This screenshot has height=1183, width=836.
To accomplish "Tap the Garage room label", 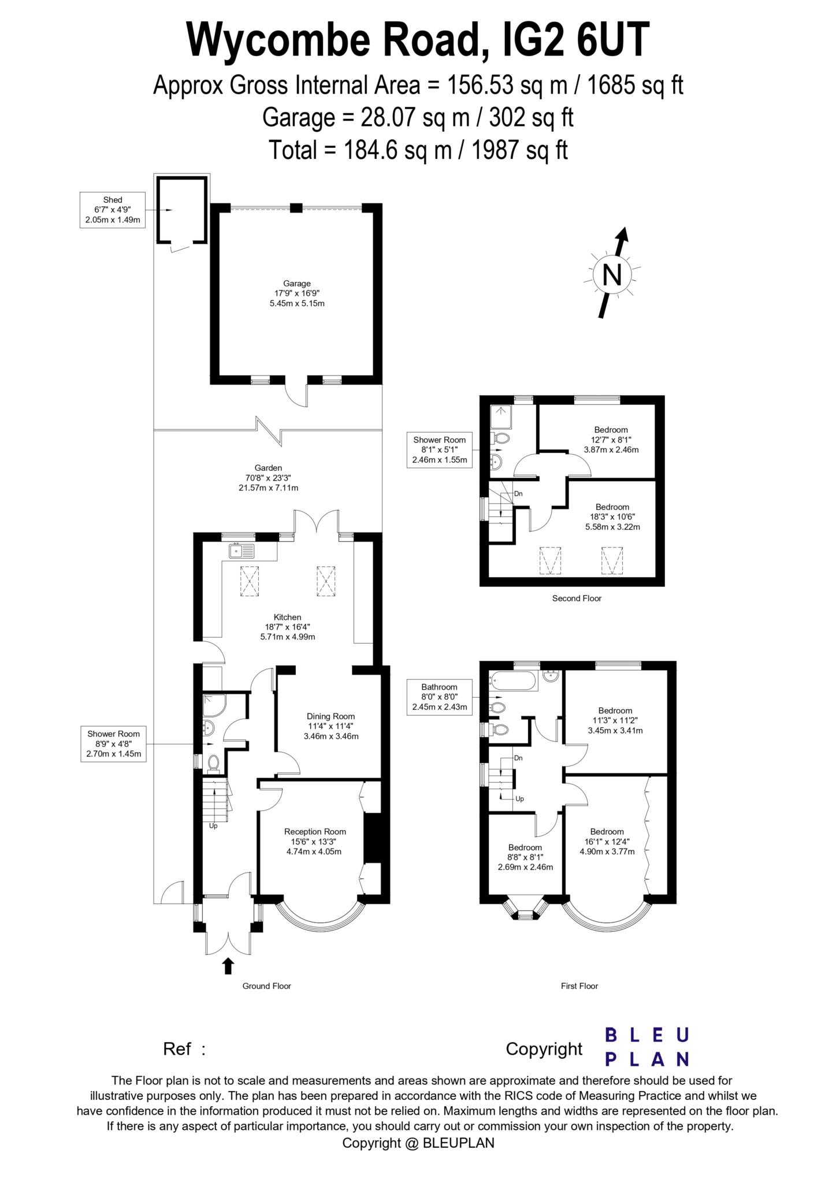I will (x=297, y=293).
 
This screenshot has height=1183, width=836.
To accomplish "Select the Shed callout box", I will (x=113, y=210).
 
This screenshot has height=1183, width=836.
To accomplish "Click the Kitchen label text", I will (x=287, y=627).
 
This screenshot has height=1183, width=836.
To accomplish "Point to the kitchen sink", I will (x=242, y=551).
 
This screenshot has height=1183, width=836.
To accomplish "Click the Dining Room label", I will (x=330, y=726).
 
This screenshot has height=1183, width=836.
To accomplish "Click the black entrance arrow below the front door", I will (x=228, y=965).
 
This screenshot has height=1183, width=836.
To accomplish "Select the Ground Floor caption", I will (x=266, y=986).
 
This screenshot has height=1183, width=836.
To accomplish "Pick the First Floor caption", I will (x=579, y=986).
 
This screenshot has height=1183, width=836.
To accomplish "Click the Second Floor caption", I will (x=577, y=598).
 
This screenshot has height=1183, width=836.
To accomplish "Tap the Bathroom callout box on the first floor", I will (x=439, y=697).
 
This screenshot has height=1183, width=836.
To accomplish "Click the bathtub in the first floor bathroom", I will (x=514, y=681).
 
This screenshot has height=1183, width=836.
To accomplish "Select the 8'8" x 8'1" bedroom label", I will (x=525, y=857).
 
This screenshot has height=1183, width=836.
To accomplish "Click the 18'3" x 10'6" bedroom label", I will (x=612, y=517).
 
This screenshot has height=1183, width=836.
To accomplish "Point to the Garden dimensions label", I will (x=269, y=478).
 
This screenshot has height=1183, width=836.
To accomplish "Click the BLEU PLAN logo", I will (x=646, y=1047).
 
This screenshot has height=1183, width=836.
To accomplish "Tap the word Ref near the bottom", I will (x=177, y=1048).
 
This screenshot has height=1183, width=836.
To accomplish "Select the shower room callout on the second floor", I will (x=439, y=450).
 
